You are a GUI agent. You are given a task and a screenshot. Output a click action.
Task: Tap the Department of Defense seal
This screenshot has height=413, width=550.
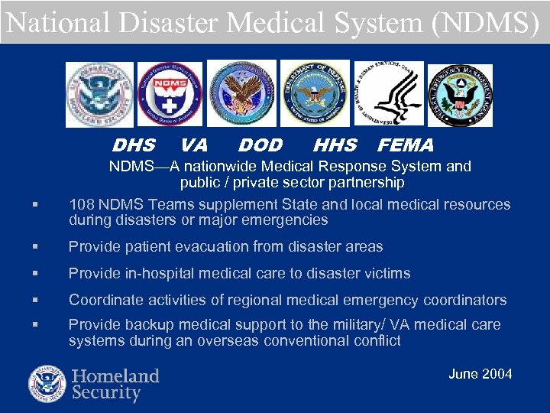pos(315,93)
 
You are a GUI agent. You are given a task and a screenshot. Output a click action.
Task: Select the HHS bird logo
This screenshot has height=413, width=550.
pos(388,93)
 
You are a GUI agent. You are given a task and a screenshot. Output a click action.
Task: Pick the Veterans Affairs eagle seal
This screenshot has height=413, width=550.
pos(242,94)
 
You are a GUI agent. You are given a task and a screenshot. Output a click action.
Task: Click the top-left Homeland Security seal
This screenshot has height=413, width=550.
pos(99,94)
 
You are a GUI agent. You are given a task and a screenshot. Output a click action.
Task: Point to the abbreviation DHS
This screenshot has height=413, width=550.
pos(134,145)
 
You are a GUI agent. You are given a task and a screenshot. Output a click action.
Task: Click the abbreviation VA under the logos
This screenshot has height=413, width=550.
pos(194,145)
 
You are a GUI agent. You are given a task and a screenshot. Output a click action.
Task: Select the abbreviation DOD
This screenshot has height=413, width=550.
pos(260,145)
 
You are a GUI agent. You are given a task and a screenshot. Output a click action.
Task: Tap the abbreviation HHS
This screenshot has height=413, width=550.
pos(335,145)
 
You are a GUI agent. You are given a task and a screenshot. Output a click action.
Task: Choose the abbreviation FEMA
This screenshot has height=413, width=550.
pos(406,145)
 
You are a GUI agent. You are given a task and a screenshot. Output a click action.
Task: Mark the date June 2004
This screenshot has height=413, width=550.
pos(480,374)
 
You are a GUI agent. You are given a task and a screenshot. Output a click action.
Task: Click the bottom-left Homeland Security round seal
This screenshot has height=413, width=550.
pos(47,384)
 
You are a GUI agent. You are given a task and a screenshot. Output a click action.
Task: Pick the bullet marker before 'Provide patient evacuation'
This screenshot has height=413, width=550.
pos(35,247)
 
